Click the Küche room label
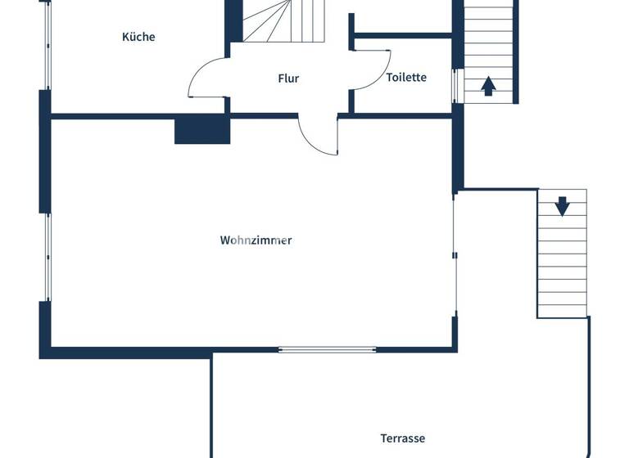[x=138, y=37]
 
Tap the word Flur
[x=288, y=79]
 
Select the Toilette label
[x=406, y=78]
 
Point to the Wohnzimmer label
[x=256, y=240]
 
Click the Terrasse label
[x=403, y=438]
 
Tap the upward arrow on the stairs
[x=488, y=85]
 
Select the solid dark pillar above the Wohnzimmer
[x=201, y=130]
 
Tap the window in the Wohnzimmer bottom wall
[x=327, y=350]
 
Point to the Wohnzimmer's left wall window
[x=47, y=257]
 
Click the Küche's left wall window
[x=47, y=45]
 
